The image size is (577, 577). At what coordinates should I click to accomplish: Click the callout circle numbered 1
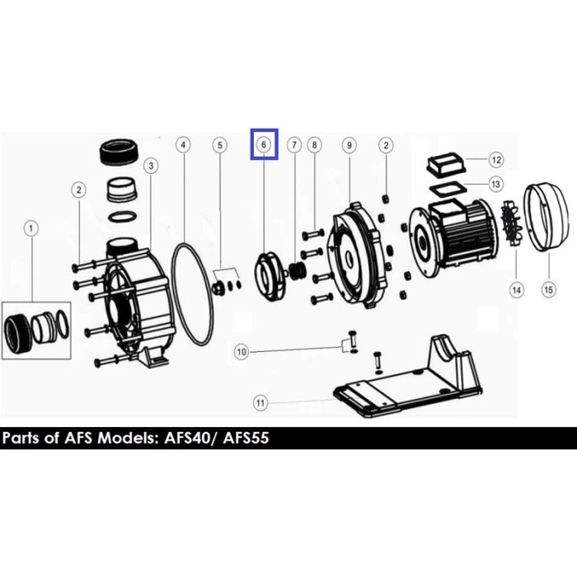(x=31, y=228)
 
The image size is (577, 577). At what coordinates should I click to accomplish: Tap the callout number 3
(x=151, y=166)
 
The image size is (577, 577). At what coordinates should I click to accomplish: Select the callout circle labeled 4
(x=183, y=145)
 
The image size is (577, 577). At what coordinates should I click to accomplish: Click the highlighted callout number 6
(x=264, y=144)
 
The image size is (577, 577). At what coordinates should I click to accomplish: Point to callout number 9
(x=349, y=145)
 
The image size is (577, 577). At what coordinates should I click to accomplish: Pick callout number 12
(x=496, y=160)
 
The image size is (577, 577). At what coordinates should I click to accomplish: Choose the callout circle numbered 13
(x=495, y=184)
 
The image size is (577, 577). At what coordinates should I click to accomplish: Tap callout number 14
(x=517, y=290)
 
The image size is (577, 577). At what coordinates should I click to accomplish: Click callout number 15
(x=549, y=290)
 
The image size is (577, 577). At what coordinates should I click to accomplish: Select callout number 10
(x=242, y=352)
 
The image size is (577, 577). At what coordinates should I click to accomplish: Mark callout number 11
(x=260, y=403)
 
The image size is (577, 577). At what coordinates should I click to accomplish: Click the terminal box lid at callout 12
(x=447, y=164)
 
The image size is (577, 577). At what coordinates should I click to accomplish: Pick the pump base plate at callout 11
(x=408, y=379)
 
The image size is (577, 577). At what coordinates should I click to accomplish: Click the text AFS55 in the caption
(x=246, y=439)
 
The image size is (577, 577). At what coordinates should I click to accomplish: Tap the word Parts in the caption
(x=21, y=439)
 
